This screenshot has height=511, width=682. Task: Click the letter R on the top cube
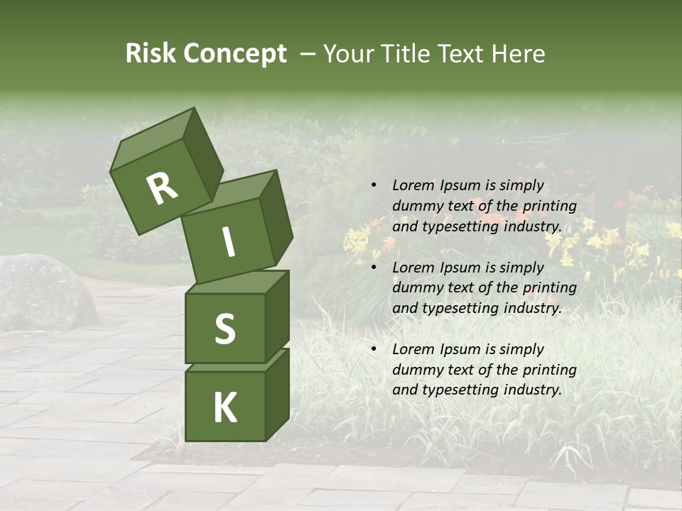tap(162, 189)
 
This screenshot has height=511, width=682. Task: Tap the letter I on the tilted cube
tap(228, 242)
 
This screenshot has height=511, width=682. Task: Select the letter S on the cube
tap(224, 329)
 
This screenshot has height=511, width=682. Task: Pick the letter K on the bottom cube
tap(224, 407)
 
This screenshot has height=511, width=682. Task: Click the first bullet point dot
tap(374, 186)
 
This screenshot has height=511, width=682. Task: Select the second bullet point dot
tap(374, 268)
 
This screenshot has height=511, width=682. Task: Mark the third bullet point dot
tap(374, 349)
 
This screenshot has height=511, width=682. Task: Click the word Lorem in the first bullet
tap(411, 186)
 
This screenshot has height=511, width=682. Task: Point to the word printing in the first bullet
tap(549, 207)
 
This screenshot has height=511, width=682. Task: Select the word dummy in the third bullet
tap(416, 370)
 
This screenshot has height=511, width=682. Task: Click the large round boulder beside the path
tap(44, 291)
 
